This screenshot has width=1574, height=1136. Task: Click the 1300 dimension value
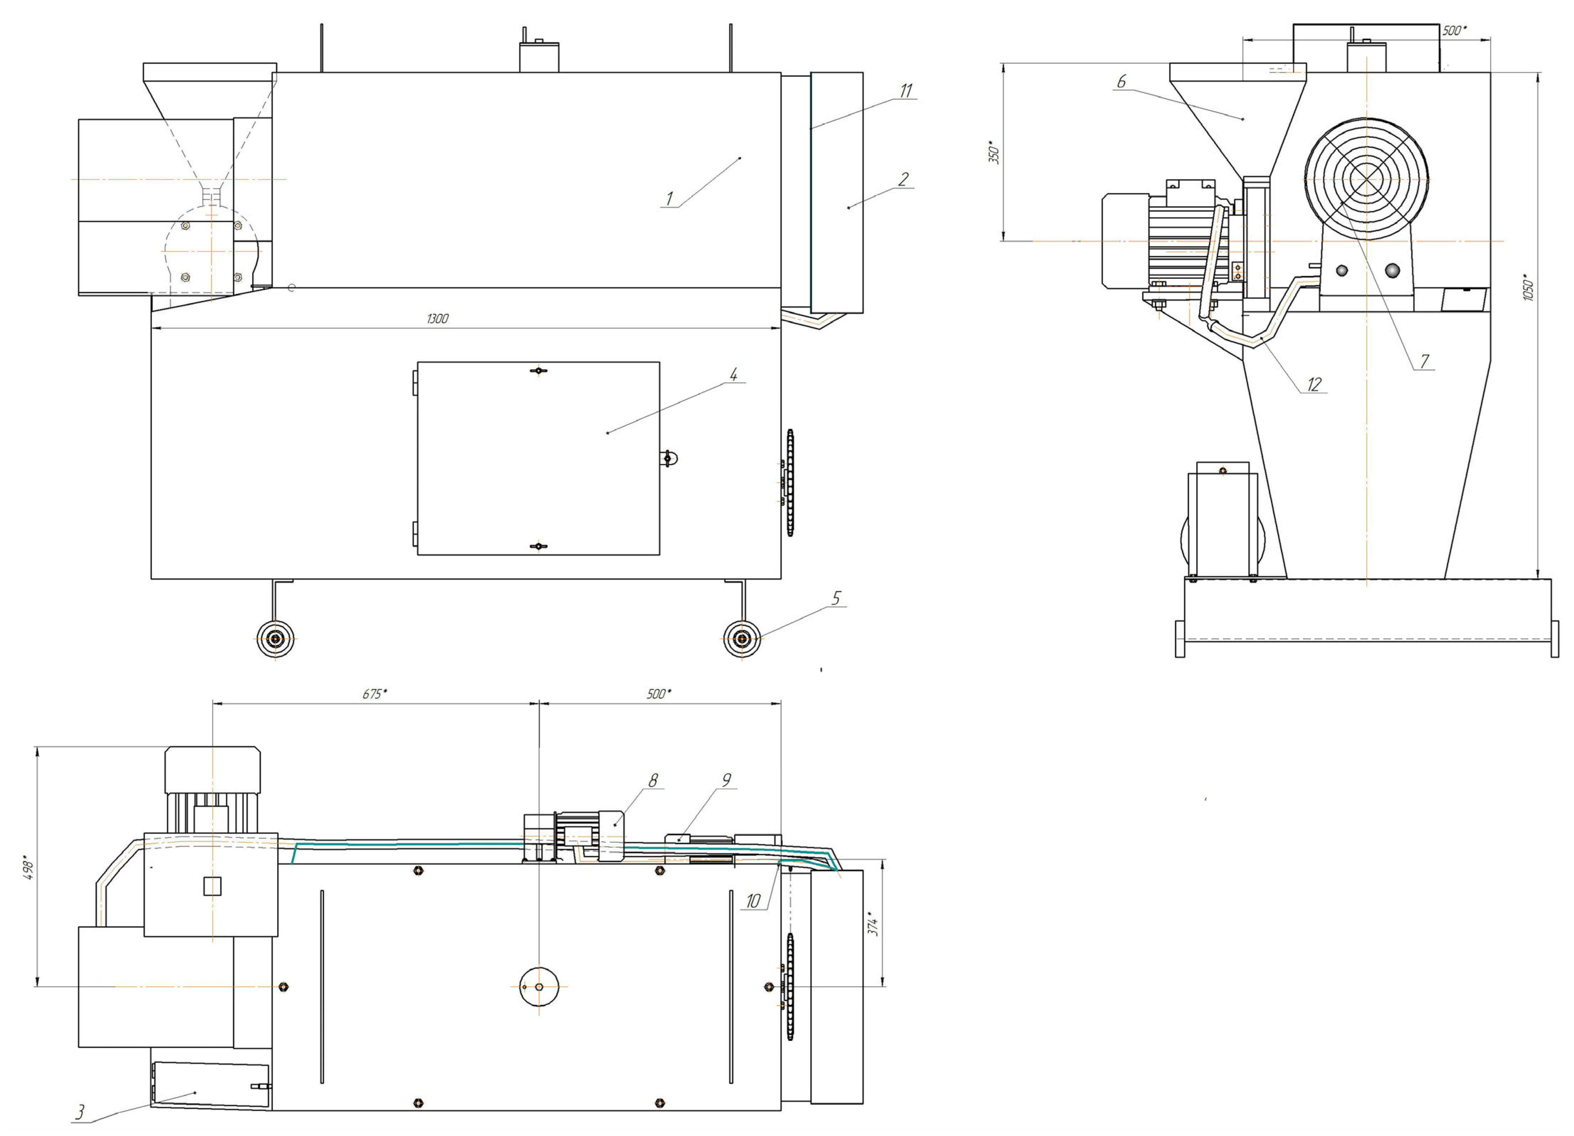click(x=437, y=319)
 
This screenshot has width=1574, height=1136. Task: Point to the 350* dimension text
click(x=994, y=153)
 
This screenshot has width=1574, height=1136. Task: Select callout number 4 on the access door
click(x=734, y=375)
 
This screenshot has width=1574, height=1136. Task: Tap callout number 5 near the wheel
click(x=836, y=598)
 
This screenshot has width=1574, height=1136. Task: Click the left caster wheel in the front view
click(x=275, y=638)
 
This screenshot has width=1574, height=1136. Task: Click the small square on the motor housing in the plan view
click(x=212, y=886)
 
